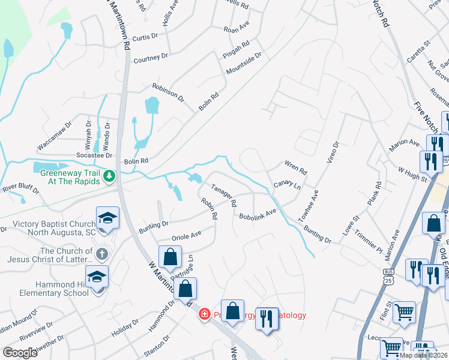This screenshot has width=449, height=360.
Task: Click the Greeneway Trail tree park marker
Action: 109,176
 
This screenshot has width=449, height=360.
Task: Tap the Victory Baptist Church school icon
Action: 107,218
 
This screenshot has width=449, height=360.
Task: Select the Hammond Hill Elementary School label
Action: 38,289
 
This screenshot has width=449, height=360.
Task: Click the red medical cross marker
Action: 204,314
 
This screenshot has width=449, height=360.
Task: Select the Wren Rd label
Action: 295,166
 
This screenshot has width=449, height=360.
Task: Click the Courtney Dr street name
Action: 151,58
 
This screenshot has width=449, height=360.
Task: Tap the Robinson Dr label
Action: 168,92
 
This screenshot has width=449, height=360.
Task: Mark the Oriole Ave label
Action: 187,236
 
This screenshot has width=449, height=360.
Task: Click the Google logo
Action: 20,352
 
